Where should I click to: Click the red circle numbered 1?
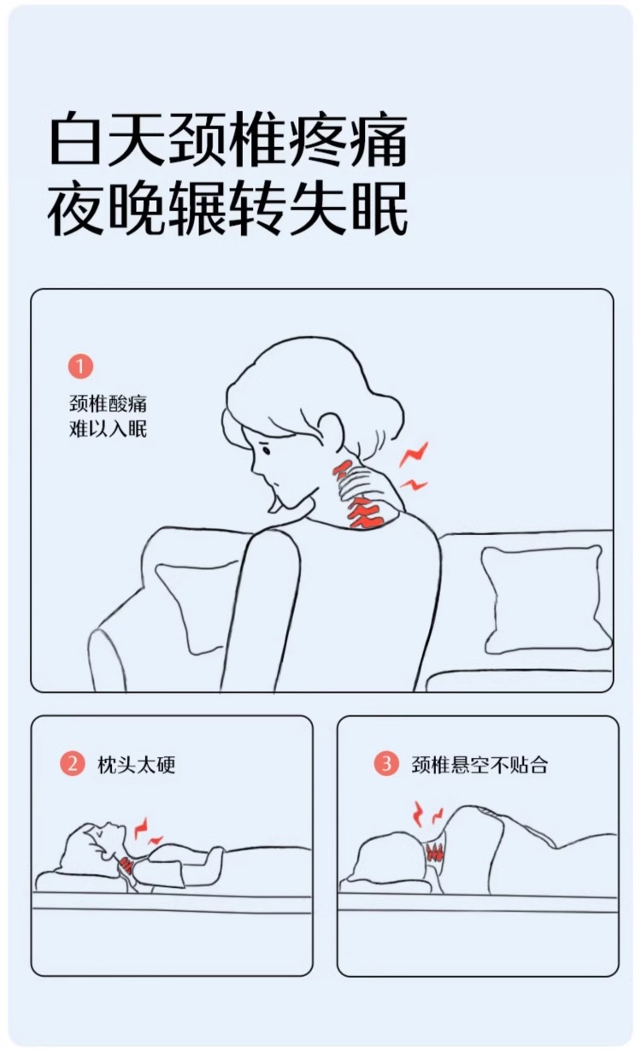point(80,366)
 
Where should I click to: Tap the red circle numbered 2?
point(73,763)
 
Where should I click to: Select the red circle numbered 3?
point(386,763)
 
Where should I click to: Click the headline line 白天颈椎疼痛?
point(228,139)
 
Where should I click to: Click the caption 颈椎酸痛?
point(108,403)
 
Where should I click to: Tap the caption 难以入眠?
point(108,429)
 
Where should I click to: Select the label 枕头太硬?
point(136,764)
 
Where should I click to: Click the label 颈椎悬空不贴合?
point(479,764)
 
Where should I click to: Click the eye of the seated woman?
point(266,450)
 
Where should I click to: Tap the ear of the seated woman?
point(332,431)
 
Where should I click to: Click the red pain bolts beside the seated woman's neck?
point(414,466)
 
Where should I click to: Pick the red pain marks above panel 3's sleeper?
point(427,814)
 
